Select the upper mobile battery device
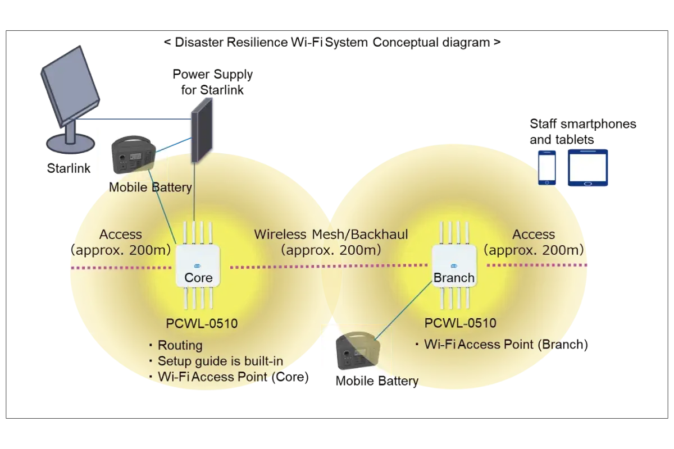click(x=132, y=155)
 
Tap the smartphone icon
click(x=548, y=167)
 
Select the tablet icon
click(x=588, y=167)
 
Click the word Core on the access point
click(x=198, y=277)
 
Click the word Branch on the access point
click(x=454, y=277)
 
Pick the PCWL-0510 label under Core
click(x=202, y=323)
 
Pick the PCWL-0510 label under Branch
click(x=461, y=323)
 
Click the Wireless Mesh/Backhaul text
click(x=331, y=234)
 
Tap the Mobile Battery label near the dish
click(x=150, y=187)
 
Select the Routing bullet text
click(x=180, y=345)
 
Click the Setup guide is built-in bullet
click(x=220, y=361)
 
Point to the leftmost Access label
click(x=120, y=234)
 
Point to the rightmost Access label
click(x=534, y=234)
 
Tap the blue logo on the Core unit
click(x=198, y=266)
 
